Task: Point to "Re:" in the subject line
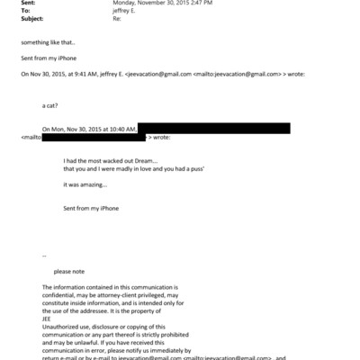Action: pyautogui.click(x=115, y=22)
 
